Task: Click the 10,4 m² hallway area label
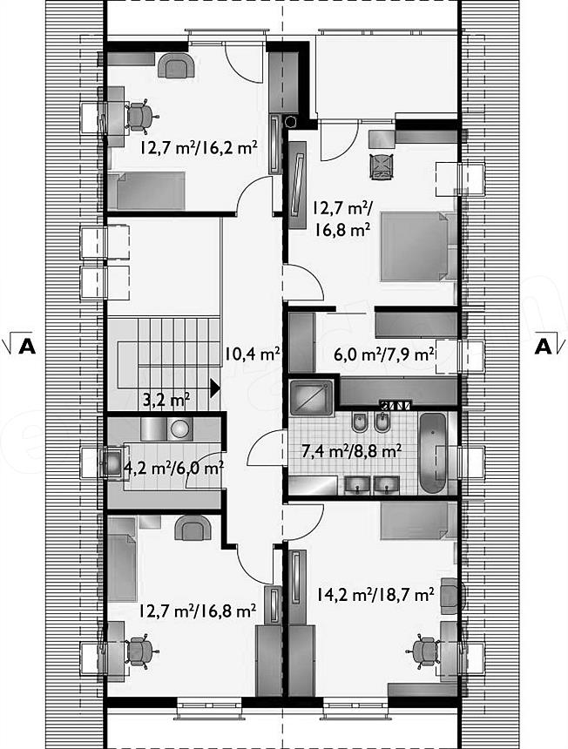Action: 253,354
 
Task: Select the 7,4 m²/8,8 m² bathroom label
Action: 351,450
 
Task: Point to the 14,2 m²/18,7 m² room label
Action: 375,595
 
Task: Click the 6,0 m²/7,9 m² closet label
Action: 384,354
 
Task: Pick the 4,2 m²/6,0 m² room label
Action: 174,468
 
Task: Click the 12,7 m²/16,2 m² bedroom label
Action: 199,147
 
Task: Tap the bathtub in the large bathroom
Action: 432,453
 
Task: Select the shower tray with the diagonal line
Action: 312,398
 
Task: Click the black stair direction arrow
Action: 215,388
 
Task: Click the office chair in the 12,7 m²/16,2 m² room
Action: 140,116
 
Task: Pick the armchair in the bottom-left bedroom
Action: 193,528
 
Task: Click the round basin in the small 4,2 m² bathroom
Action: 180,428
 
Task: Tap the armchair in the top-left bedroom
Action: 176,65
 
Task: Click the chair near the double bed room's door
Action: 382,166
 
